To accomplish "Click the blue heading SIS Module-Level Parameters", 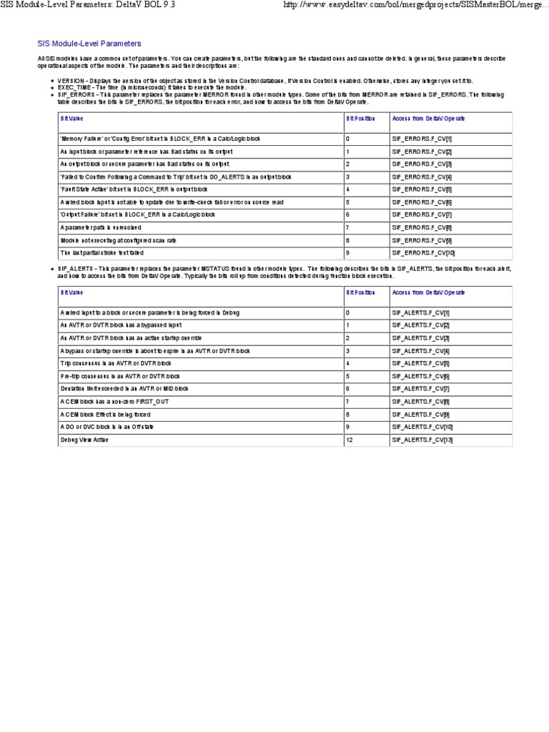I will pyautogui.click(x=89, y=44).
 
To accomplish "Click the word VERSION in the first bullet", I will pyautogui.click(x=72, y=81).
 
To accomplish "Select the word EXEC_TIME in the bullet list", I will pyautogui.click(x=75, y=87).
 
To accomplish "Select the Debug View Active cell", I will pyautogui.click(x=84, y=440).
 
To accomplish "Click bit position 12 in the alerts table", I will pyautogui.click(x=350, y=440).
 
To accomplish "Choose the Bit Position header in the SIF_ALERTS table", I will pyautogui.click(x=360, y=292).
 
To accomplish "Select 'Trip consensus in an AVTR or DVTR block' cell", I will pyautogui.click(x=110, y=363).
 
